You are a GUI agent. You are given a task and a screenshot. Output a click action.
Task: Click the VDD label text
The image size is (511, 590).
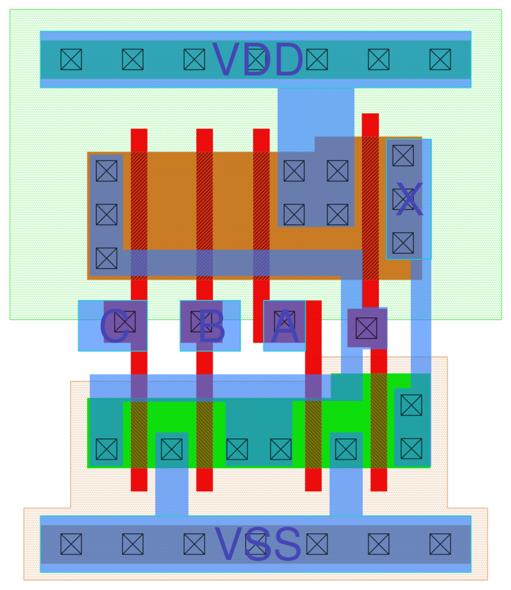(x=258, y=60)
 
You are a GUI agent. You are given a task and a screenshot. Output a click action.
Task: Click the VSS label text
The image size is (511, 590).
(x=258, y=545)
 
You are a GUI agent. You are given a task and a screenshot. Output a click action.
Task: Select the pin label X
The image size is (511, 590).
(x=409, y=200)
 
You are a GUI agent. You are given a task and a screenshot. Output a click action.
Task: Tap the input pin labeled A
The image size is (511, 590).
(x=284, y=326)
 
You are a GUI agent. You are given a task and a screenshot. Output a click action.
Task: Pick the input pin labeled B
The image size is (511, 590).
(x=210, y=326)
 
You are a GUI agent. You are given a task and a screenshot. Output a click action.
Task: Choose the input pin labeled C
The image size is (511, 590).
(x=113, y=326)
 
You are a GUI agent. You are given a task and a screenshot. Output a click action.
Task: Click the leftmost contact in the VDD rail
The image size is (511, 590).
(x=71, y=59)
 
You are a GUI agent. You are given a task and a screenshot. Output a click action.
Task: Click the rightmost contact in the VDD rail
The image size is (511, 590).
(x=440, y=59)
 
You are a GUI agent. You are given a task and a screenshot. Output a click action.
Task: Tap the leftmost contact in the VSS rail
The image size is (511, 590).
(x=71, y=544)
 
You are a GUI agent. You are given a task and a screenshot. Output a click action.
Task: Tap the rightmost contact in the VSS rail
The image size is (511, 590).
(x=440, y=544)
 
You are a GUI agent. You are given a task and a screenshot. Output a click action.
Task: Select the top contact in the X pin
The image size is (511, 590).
(x=403, y=156)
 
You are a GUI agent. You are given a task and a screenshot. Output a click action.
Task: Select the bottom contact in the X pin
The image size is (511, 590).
(x=403, y=243)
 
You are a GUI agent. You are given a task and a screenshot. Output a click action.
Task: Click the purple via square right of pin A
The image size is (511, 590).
(x=366, y=328)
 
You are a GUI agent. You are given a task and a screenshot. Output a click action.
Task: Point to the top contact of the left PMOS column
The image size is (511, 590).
(x=107, y=170)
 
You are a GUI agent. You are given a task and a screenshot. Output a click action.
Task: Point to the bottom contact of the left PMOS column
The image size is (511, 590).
(x=107, y=258)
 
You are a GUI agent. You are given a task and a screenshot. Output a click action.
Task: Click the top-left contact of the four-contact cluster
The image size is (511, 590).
(x=294, y=170)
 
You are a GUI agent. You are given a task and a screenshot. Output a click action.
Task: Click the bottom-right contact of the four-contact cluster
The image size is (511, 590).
(x=338, y=215)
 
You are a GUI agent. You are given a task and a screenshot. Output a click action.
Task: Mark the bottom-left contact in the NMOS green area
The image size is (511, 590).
(x=107, y=449)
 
